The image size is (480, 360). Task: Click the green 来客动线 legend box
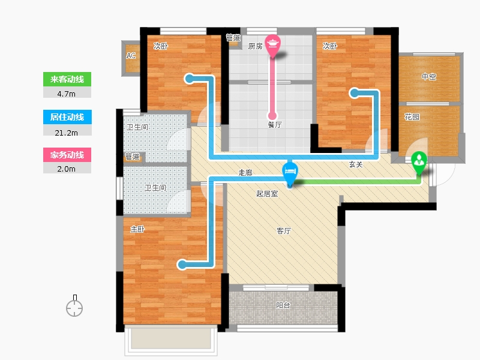[x=67, y=79]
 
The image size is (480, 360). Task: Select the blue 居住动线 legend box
[x=67, y=117]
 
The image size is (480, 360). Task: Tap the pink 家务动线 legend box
[x=67, y=155]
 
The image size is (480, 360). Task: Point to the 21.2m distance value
[x=67, y=133]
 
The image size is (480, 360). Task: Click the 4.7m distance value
[x=67, y=94]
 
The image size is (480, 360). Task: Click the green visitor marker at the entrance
[x=419, y=162]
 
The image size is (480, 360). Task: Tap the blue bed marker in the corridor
[x=290, y=173]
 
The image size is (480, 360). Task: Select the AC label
[x=131, y=56]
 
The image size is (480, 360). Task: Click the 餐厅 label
[x=275, y=125]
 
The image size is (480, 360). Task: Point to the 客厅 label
[x=284, y=231]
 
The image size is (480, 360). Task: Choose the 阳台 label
[x=283, y=305]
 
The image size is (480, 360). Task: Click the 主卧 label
[x=137, y=229]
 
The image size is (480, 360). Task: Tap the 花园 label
[x=412, y=117]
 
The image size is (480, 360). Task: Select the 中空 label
[x=429, y=77]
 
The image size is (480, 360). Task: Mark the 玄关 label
[x=356, y=164]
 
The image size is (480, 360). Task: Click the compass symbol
[x=74, y=307]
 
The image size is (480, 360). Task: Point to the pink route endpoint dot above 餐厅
[x=272, y=116]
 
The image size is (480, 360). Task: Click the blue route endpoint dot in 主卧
[x=182, y=265]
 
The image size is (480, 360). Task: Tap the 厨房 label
[x=256, y=46]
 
